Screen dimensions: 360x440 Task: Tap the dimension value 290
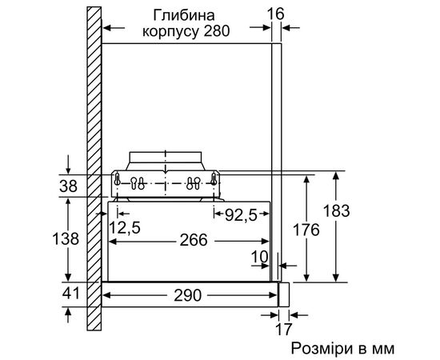(x=191, y=294)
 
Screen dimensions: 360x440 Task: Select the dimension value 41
(x=70, y=294)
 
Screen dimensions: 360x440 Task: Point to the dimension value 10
(x=258, y=257)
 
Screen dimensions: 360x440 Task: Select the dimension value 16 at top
(x=277, y=14)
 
